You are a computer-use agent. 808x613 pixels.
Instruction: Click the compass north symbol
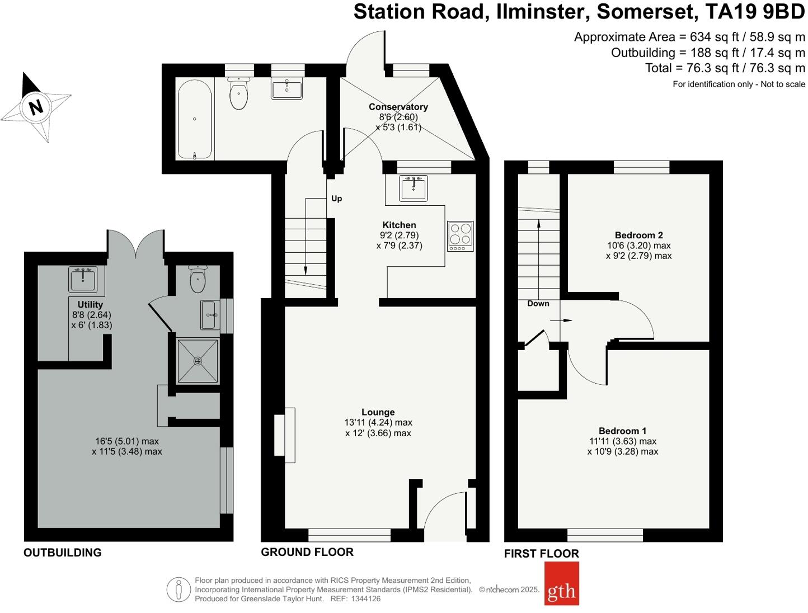[x=36, y=106]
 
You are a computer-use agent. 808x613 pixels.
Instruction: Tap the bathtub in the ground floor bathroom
[x=194, y=119]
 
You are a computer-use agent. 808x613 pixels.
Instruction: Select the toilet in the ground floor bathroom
[x=238, y=95]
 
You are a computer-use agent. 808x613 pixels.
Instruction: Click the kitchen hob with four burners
[x=460, y=236]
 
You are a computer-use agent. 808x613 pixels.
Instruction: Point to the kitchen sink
[x=414, y=188]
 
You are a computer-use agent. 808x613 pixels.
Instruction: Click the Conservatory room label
[x=398, y=107]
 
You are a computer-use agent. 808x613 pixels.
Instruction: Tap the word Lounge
[x=378, y=412]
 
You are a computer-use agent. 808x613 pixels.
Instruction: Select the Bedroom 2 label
[x=638, y=235]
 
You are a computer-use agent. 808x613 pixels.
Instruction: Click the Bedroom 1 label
[x=622, y=431]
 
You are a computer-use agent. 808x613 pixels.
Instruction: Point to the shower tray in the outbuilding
[x=198, y=361]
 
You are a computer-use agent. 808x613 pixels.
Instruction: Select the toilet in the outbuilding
[x=198, y=279]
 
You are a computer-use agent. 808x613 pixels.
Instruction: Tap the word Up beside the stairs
[x=336, y=199]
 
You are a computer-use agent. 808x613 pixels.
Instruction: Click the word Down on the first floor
[x=538, y=304]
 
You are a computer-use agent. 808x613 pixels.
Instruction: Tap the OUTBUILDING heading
[x=63, y=553]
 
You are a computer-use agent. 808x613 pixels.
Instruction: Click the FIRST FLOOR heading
[x=541, y=554]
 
